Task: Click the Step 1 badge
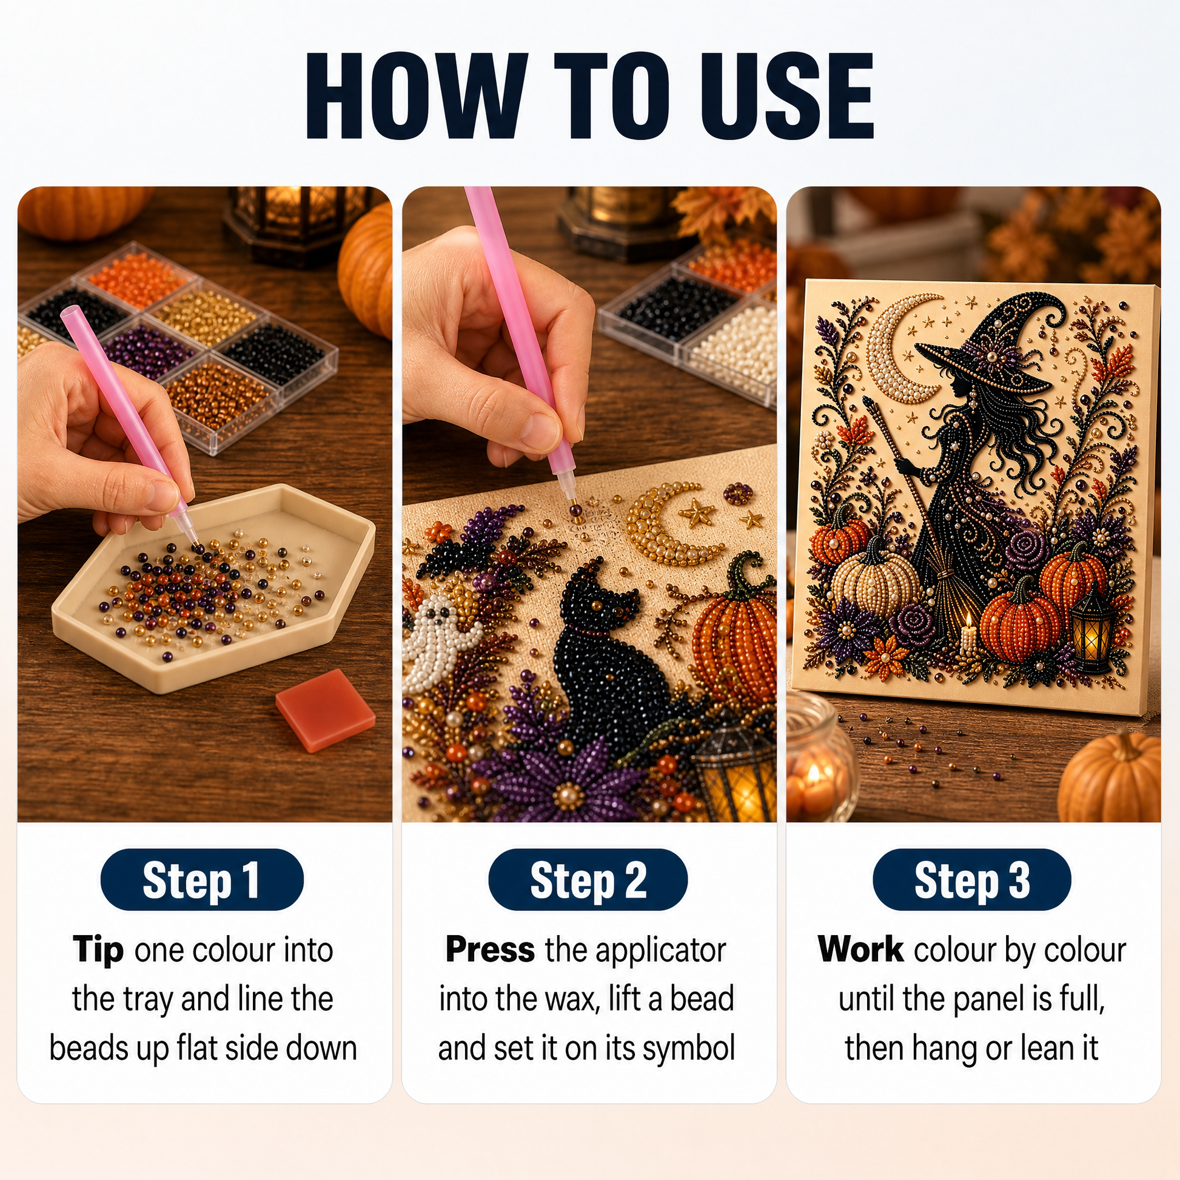click(x=201, y=879)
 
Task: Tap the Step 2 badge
click(x=588, y=879)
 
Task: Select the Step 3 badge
click(x=973, y=879)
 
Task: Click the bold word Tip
click(x=98, y=950)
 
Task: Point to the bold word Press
click(x=491, y=950)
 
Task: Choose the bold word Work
click(x=861, y=950)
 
